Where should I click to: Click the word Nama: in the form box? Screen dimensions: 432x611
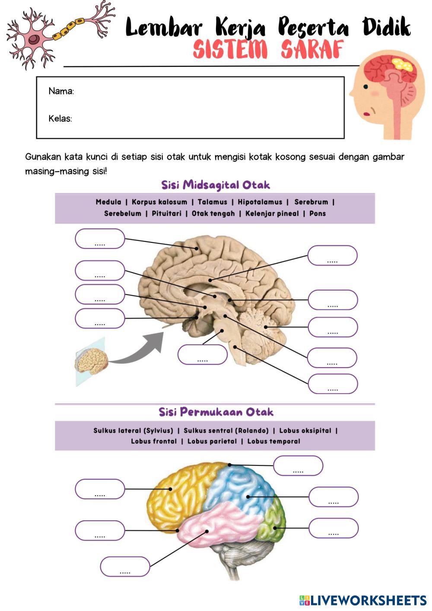61,91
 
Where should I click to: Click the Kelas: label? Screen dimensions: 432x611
60,118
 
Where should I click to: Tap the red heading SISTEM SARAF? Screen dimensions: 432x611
268,50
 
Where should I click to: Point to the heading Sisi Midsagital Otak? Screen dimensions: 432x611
216,185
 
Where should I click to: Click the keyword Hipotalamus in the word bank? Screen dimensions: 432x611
260,202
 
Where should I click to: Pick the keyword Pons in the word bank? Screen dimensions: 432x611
318,213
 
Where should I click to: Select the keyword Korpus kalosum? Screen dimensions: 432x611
159,202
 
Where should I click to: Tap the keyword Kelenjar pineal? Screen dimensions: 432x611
272,213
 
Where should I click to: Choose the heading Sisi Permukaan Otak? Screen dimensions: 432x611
216,412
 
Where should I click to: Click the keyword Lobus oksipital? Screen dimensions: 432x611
305,430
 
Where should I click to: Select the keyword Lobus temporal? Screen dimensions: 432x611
273,441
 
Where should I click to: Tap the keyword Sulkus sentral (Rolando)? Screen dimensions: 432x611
226,430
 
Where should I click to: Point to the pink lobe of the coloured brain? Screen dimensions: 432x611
216,525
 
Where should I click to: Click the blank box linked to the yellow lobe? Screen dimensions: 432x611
100,489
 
